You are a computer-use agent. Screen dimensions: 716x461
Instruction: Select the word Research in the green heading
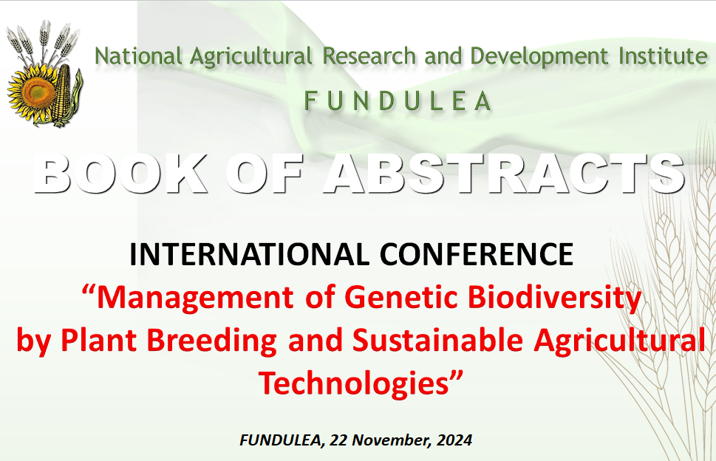click(369, 57)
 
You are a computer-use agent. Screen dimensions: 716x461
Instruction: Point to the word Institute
click(663, 57)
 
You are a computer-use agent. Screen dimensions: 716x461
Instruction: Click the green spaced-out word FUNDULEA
click(398, 101)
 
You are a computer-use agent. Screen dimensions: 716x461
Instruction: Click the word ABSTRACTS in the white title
click(505, 174)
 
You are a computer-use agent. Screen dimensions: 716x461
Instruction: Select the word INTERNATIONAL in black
click(249, 254)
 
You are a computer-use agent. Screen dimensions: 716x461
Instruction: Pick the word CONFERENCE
click(477, 254)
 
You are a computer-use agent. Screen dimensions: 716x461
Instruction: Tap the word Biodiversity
click(555, 298)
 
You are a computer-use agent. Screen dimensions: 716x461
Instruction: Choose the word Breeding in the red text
click(212, 341)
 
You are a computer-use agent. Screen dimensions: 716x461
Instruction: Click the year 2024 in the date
click(454, 440)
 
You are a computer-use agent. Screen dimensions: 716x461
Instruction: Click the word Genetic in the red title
click(401, 298)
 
